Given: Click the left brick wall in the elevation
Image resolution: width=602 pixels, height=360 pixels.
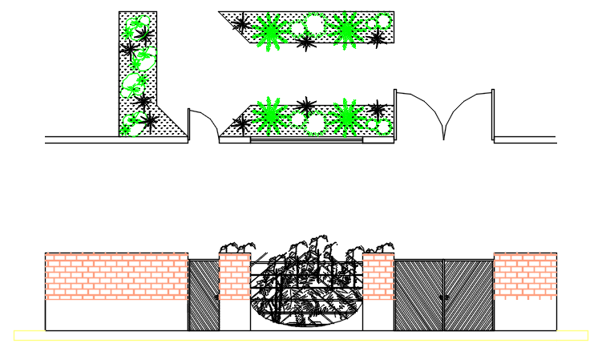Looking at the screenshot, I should click(116, 276).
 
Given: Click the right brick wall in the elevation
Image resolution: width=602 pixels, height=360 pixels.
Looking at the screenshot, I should click(525, 276).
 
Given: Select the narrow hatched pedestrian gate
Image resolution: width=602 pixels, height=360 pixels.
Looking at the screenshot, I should click(204, 294).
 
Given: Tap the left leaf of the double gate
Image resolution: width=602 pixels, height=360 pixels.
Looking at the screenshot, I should click(418, 294).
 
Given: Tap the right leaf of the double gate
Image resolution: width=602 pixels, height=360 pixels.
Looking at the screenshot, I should click(469, 294).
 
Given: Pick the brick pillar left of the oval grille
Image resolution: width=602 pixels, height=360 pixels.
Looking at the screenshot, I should click(235, 277).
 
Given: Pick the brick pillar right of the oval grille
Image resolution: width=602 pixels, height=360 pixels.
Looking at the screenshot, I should click(378, 277).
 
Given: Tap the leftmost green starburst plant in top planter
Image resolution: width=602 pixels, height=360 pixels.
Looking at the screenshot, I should click(270, 32).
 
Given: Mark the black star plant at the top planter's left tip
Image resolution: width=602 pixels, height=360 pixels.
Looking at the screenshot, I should click(240, 24).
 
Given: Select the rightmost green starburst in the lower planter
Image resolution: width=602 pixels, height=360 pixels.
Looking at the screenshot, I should click(347, 117).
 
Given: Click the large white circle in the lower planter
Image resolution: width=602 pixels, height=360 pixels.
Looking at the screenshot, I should click(316, 123).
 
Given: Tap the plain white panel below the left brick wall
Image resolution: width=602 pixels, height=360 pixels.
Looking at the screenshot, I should click(116, 314).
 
